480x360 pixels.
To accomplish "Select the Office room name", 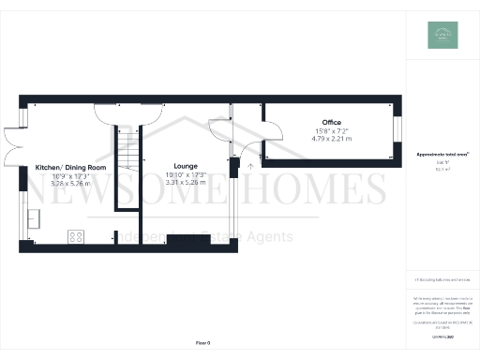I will (330, 123).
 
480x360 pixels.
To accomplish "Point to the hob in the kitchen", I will (75, 237).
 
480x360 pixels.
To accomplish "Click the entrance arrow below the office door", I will (249, 165).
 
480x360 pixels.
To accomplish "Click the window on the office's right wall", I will (396, 130).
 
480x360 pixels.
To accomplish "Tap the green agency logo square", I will (442, 35).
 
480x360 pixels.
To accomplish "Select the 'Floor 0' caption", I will (202, 344).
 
